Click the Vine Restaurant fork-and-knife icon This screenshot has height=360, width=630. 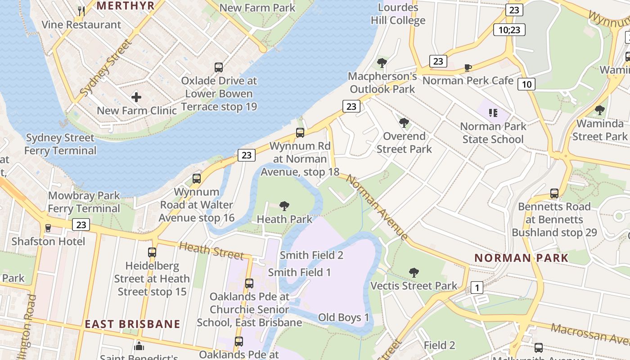point(81,11)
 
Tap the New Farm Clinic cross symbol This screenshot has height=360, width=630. point(136,97)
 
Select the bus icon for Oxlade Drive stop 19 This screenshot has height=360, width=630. point(219,67)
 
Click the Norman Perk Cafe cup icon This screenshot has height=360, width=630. point(468,67)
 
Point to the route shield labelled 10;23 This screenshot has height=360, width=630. point(509,30)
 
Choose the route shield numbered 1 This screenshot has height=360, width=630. point(477,288)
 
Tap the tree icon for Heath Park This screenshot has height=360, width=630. point(284,206)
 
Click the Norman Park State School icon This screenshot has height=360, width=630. point(493,112)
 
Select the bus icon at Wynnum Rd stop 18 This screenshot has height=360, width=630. point(300,133)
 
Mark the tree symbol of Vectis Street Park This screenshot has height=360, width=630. point(414,272)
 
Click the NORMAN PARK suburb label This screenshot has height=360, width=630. point(522,258)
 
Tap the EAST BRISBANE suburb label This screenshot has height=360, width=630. point(133,324)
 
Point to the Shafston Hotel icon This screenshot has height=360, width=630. point(48,228)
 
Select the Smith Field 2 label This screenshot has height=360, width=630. point(311,255)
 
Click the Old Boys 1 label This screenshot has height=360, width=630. point(343,317)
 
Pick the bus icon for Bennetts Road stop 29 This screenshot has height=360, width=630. point(554,193)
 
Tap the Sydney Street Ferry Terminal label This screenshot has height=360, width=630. point(60,144)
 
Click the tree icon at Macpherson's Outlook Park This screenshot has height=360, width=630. point(382,63)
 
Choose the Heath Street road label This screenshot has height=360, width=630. point(211,250)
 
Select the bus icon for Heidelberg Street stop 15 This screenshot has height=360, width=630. point(152,252)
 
